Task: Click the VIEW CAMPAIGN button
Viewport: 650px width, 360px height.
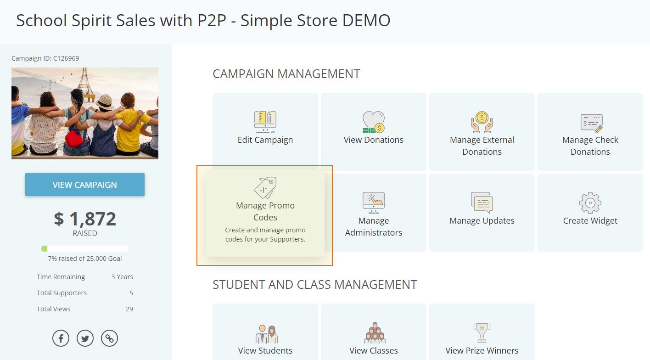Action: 85,185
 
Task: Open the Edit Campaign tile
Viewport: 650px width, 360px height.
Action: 265,131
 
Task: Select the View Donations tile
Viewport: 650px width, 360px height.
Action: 374,131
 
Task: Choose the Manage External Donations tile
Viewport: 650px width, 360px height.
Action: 482,131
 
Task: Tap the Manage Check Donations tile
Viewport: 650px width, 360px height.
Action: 590,131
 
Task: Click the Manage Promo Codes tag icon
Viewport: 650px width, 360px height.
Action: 265,187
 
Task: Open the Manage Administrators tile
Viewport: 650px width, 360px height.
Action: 374,212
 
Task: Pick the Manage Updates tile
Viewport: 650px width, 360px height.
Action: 482,212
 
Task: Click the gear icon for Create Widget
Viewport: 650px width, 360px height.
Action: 590,202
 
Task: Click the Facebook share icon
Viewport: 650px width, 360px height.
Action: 61,338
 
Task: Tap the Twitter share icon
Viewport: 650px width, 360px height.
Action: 85,338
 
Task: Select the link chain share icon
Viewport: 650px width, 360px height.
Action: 109,338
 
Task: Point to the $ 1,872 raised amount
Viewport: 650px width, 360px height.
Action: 85,219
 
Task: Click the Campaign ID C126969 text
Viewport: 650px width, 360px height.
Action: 45,58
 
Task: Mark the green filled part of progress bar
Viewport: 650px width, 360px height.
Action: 45,248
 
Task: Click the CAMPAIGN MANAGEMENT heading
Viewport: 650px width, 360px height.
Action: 286,74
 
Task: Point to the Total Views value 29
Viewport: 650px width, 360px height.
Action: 129,309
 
